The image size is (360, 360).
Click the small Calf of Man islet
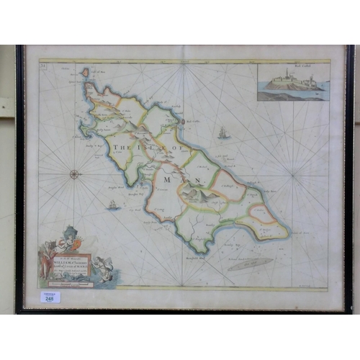[86, 73]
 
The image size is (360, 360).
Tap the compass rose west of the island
[75, 173]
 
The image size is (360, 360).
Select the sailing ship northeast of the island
[223, 133]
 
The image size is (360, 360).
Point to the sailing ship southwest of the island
[112, 205]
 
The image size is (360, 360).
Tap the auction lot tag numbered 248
[50, 297]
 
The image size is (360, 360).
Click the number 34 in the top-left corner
[42, 66]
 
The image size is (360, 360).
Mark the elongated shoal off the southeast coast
[251, 264]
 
